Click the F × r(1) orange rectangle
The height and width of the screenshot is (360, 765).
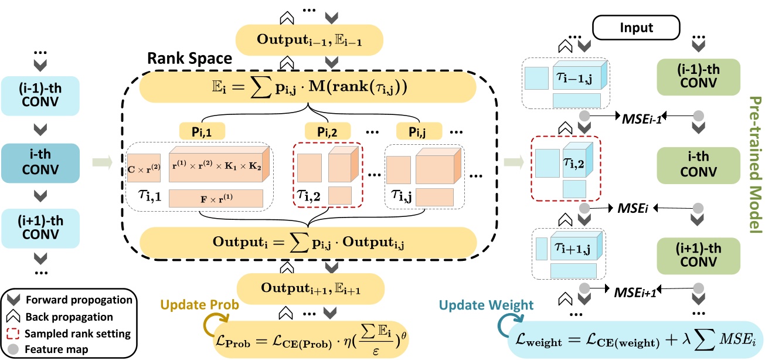tap(216, 199)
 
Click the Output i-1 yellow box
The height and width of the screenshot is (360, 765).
tap(309, 40)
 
